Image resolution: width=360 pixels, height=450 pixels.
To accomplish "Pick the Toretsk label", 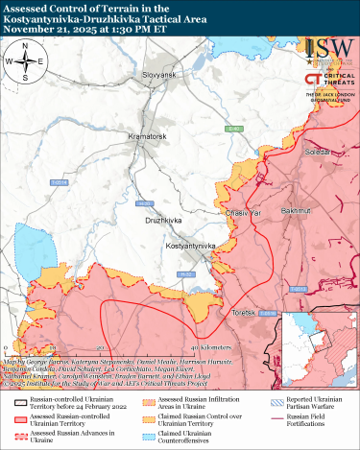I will coord(246,312).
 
